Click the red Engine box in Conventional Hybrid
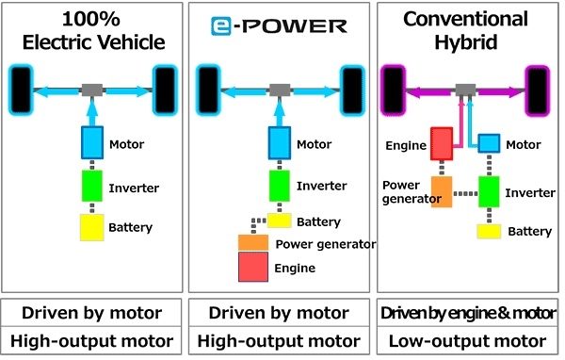[443, 145]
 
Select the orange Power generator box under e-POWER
[254, 242]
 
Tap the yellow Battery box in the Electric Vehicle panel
[91, 227]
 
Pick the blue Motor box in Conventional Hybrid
[489, 143]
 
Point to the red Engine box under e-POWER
[254, 268]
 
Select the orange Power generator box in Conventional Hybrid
[444, 191]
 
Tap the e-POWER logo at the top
[278, 25]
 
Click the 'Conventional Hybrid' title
[463, 31]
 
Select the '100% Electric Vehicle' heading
[91, 31]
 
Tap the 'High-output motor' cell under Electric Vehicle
[91, 340]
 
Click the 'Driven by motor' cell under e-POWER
[279, 312]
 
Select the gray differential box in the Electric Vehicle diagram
[91, 90]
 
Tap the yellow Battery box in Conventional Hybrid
[488, 231]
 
